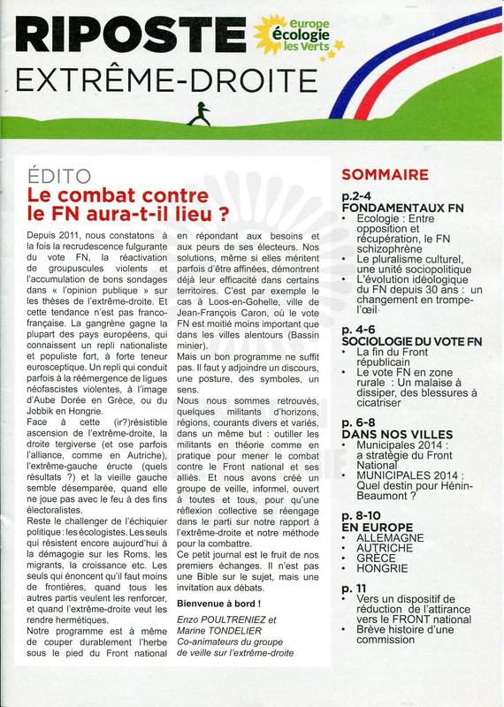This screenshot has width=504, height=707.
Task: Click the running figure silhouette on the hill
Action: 204,112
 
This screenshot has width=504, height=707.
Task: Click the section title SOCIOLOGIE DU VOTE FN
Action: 411,341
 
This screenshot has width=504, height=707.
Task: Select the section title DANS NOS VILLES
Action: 395,435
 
